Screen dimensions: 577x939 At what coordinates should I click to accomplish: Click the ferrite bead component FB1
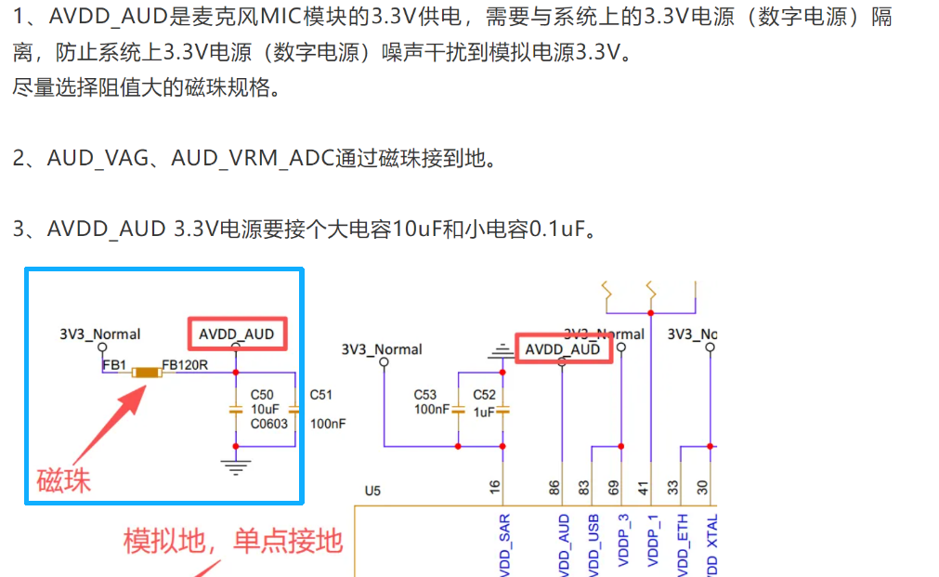tap(147, 373)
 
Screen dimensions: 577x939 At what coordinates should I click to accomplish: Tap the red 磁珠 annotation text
tap(63, 479)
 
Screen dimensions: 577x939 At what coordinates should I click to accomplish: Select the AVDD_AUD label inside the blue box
tap(236, 334)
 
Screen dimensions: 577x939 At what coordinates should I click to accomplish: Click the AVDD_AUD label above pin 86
tap(563, 349)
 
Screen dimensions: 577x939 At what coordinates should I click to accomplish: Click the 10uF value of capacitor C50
tap(265, 409)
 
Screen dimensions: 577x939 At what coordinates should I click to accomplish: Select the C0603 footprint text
tap(269, 424)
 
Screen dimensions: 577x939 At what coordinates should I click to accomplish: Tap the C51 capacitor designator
tap(321, 394)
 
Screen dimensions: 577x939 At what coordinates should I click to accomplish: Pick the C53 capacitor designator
tap(425, 395)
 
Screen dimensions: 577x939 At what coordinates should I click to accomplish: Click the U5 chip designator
tap(372, 491)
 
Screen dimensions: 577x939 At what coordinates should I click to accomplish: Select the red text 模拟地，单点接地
tap(233, 541)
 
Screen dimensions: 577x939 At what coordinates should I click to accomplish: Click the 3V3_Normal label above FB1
tap(99, 334)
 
